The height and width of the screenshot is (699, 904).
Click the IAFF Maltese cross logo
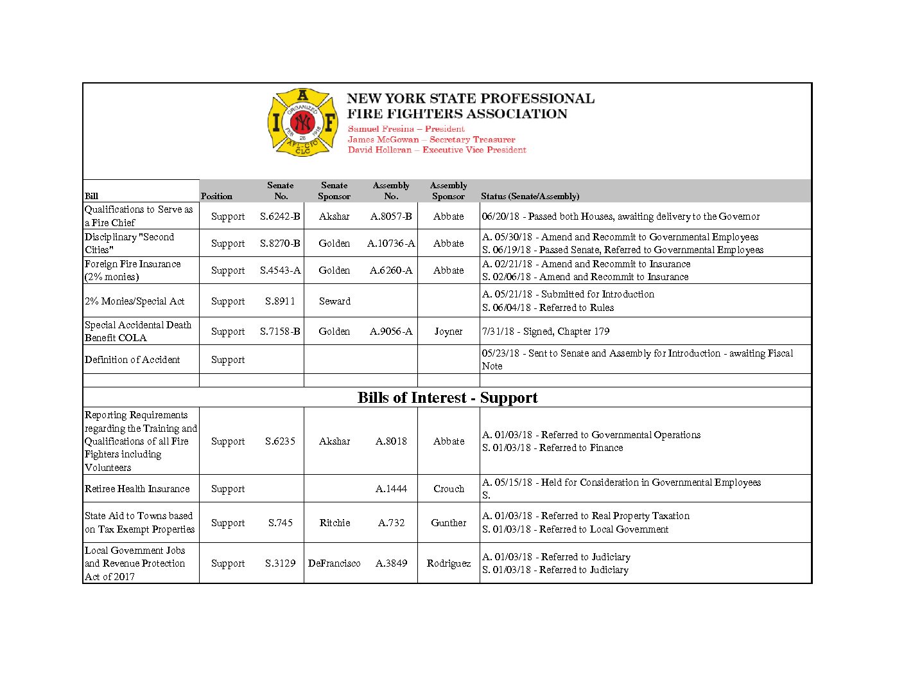302,122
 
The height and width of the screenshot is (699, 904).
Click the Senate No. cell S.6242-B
280,217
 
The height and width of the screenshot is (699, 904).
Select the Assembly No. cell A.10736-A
391,243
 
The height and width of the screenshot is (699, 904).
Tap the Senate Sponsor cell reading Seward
335,301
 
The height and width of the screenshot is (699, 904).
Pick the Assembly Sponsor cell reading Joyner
448,332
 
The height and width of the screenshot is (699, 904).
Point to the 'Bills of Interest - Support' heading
448,398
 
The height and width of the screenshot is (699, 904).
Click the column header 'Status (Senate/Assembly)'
530,196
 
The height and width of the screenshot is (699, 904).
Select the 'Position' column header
216,196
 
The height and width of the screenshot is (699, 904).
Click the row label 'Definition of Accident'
132,360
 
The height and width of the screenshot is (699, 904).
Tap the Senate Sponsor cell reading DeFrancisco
335,563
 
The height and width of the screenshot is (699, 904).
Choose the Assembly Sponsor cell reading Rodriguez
448,563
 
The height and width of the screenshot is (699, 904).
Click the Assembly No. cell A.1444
391,489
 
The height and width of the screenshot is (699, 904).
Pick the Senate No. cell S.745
281,523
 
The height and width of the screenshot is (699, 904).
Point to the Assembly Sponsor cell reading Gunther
448,523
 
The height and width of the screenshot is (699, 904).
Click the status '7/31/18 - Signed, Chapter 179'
546,332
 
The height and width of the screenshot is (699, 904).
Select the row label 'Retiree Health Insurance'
137,489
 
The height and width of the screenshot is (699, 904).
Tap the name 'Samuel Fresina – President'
406,129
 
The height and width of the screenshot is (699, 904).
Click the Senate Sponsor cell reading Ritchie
335,523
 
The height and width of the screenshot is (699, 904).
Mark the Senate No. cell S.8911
281,301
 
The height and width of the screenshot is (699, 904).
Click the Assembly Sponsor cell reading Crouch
448,489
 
